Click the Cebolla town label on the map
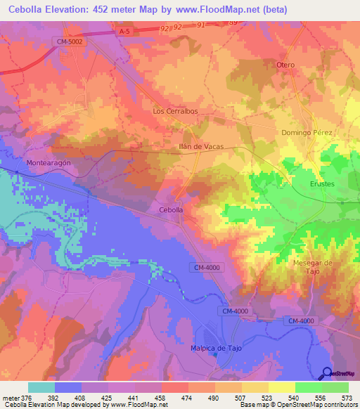(171, 210)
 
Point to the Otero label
(285, 65)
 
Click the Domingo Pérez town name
(306, 132)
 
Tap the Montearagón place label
(49, 162)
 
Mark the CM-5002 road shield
(70, 42)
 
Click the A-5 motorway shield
(124, 31)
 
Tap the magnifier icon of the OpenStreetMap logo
(326, 373)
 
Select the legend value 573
(347, 398)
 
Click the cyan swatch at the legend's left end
(41, 387)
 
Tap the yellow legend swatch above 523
(255, 387)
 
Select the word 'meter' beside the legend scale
(11, 398)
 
